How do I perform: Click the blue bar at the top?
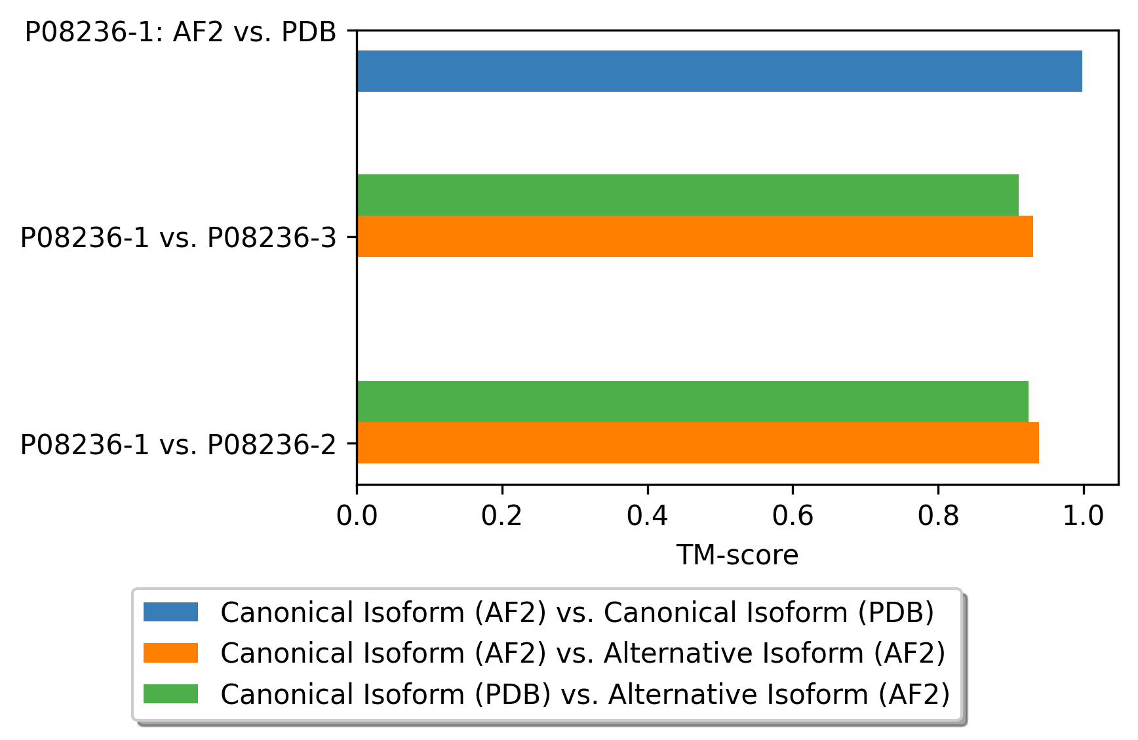pyautogui.click(x=719, y=71)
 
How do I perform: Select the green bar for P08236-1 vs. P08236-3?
pyautogui.click(x=688, y=195)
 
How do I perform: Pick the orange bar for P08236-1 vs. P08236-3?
pyautogui.click(x=695, y=236)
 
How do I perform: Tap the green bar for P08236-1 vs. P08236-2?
pyautogui.click(x=692, y=401)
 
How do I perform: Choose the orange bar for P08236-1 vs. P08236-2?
pyautogui.click(x=697, y=442)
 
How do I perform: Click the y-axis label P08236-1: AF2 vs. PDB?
pyautogui.click(x=180, y=32)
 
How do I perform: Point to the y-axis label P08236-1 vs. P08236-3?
pyautogui.click(x=178, y=237)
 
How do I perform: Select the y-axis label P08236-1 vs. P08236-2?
pyautogui.click(x=178, y=444)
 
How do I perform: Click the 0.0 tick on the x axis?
pyautogui.click(x=357, y=516)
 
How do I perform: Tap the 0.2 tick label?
pyautogui.click(x=501, y=516)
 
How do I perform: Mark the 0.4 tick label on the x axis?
pyautogui.click(x=647, y=516)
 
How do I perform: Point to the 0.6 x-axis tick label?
pyautogui.click(x=793, y=516)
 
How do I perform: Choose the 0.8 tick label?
pyautogui.click(x=938, y=516)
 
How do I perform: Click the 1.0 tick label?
pyautogui.click(x=1083, y=516)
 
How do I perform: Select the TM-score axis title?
pyautogui.click(x=737, y=555)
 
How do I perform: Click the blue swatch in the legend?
pyautogui.click(x=170, y=612)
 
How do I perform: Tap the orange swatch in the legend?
pyautogui.click(x=170, y=653)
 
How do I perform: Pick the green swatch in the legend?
pyautogui.click(x=170, y=693)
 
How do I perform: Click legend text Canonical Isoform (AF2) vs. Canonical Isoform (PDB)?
pyautogui.click(x=577, y=612)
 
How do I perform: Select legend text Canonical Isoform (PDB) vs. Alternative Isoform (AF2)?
pyautogui.click(x=585, y=693)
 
